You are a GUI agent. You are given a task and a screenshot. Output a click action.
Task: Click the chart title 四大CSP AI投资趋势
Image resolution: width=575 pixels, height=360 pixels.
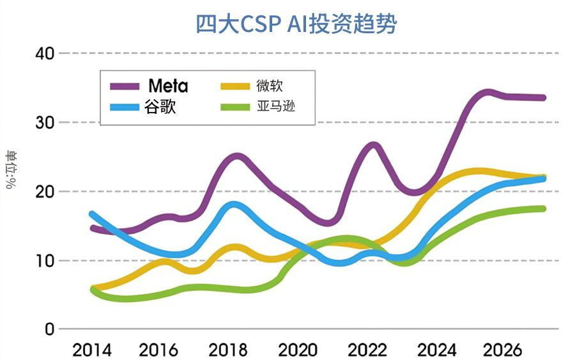296,24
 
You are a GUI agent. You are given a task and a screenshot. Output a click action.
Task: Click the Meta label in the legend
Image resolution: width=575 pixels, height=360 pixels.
168,86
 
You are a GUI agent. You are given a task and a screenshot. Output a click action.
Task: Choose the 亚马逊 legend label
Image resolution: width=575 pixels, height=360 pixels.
275,106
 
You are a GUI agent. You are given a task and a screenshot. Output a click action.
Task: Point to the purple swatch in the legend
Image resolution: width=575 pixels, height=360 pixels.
126,86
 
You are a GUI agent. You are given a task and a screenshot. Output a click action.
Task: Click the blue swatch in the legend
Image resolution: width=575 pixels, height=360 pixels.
126,106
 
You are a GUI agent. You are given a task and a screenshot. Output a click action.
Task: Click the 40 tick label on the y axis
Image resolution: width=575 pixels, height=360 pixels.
44,53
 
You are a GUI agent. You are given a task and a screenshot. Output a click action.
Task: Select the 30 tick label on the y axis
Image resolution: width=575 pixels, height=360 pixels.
44,122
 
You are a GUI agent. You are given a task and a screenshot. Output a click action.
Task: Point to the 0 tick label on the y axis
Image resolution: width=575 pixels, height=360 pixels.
50,329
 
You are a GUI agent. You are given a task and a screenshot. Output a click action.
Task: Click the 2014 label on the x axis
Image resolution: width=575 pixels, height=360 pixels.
92,350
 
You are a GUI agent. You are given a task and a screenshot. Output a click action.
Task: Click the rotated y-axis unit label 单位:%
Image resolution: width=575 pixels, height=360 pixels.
12,171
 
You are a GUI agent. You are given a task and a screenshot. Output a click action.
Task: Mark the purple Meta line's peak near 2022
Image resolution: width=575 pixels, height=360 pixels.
374,145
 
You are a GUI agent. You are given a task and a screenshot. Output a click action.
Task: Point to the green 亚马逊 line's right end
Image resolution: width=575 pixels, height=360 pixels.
542,208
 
